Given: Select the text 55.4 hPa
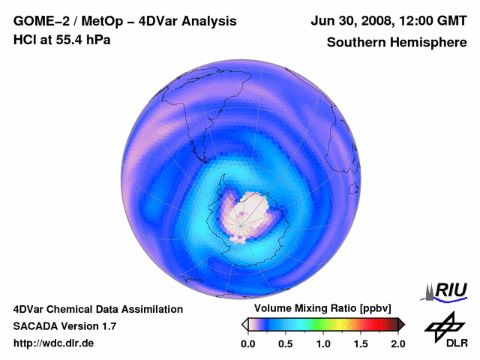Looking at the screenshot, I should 84,39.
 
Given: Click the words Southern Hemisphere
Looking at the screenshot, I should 397,43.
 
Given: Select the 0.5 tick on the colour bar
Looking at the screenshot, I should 286,343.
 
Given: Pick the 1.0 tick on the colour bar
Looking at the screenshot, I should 323,343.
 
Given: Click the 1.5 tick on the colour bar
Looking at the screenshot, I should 361,343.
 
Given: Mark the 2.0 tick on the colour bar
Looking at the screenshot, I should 397,343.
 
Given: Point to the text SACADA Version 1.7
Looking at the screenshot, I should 64,326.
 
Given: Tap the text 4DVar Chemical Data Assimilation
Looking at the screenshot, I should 97,309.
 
